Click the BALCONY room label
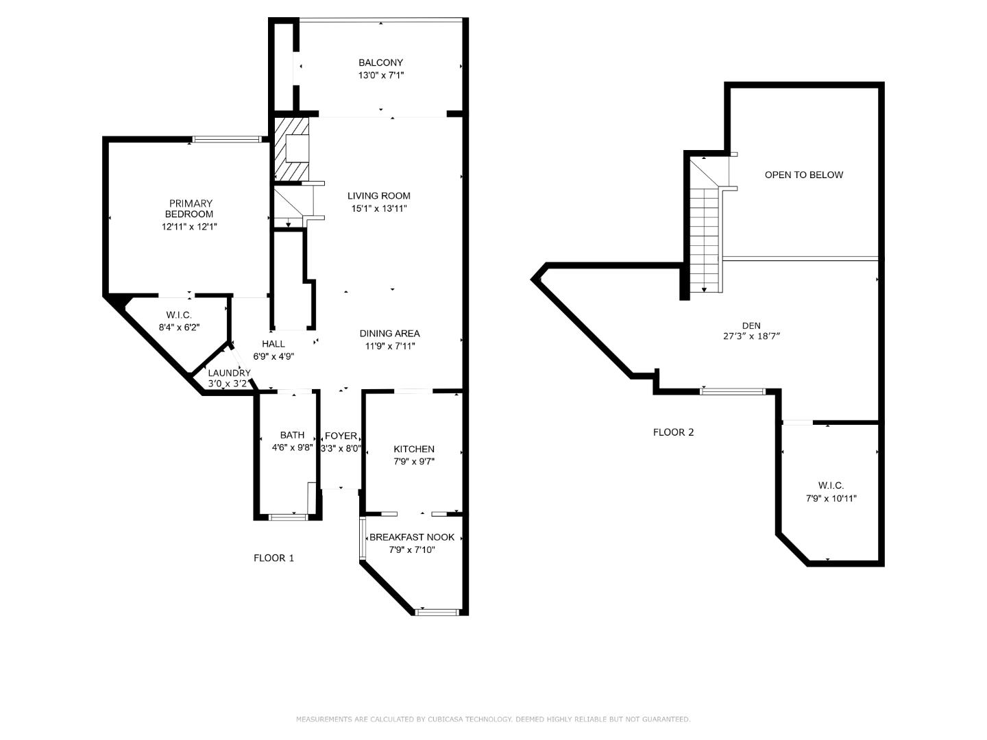[380, 62]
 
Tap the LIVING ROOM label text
[378, 195]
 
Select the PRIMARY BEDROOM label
[191, 208]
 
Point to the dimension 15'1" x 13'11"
[378, 208]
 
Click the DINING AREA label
[389, 334]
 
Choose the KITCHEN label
[413, 449]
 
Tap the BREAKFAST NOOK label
[411, 537]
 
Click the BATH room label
[292, 435]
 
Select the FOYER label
[341, 436]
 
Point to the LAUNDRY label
[229, 373]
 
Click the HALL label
[273, 344]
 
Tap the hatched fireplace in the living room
[292, 149]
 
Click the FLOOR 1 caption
[273, 558]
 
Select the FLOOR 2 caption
[673, 432]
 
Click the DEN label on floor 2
[751, 325]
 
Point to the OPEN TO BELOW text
[803, 175]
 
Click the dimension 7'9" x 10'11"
[831, 499]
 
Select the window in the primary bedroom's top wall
[226, 140]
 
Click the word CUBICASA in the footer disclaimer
[450, 719]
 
